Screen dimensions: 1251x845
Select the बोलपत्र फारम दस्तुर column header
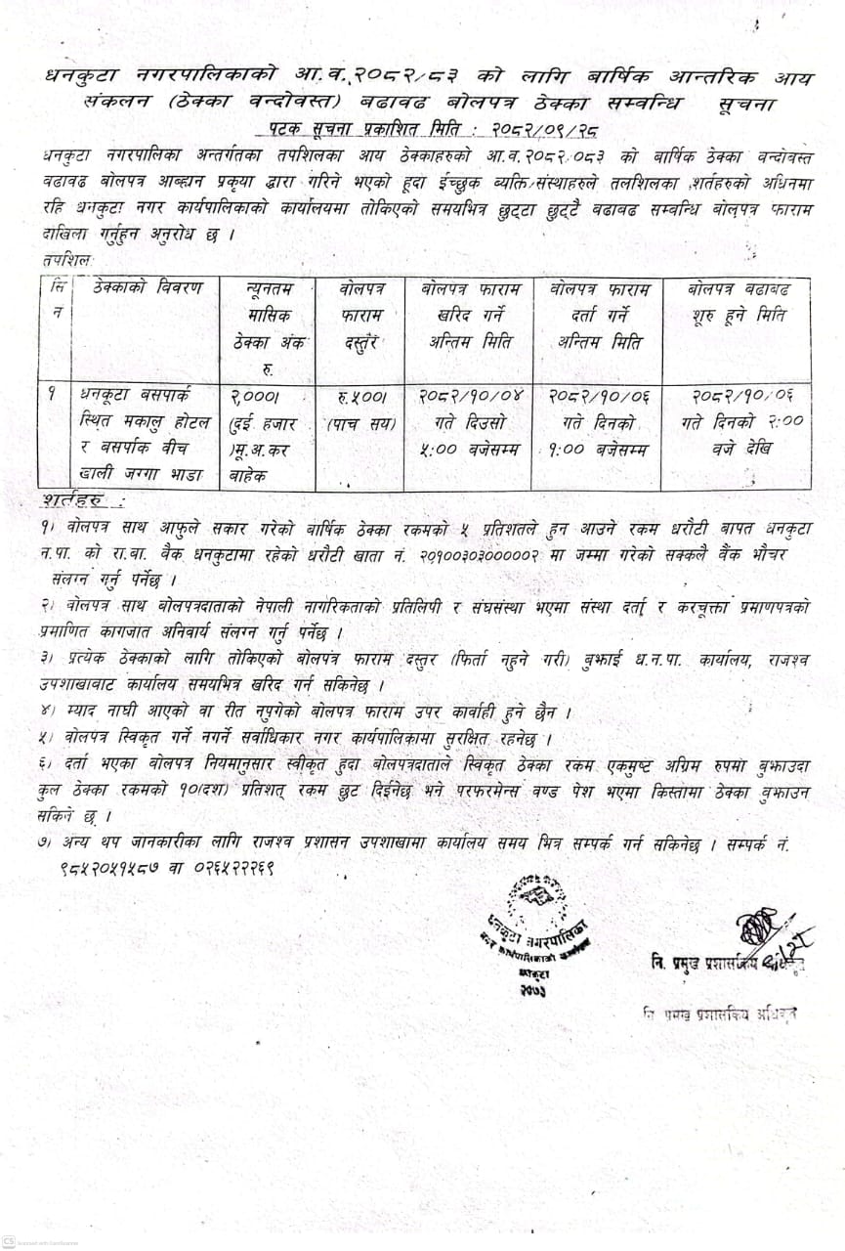click(365, 315)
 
